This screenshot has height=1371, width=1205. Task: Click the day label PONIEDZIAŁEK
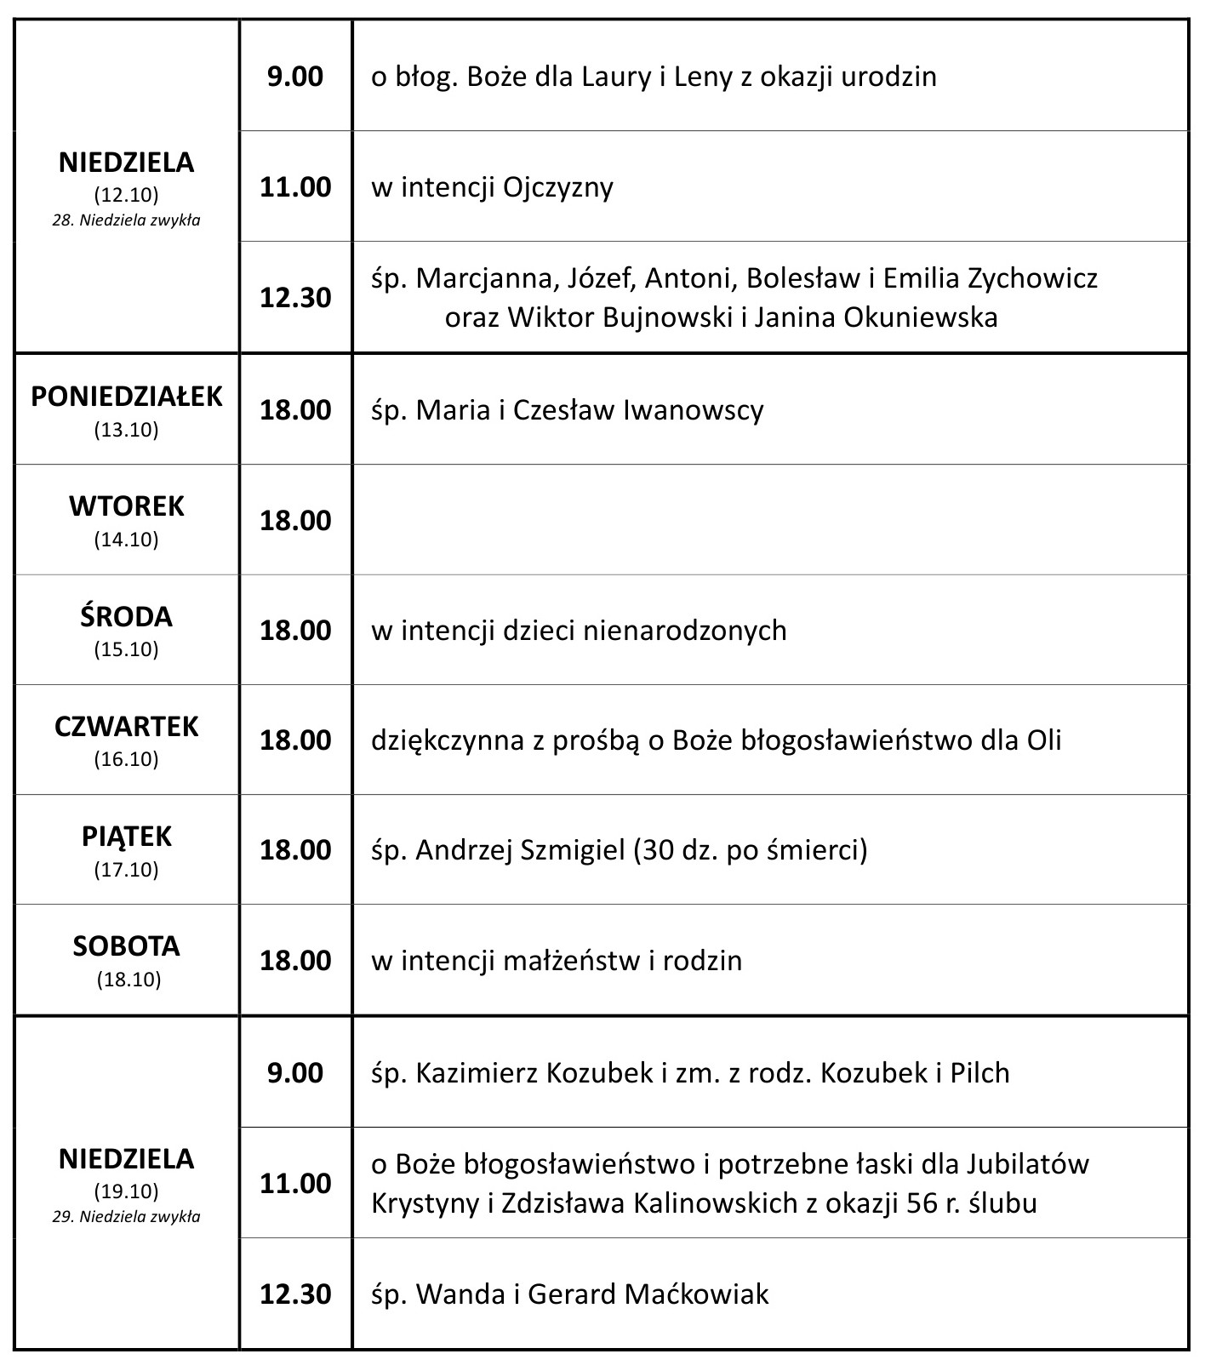point(127,397)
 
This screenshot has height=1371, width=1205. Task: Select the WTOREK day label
point(127,506)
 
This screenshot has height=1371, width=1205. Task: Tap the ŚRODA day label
point(127,616)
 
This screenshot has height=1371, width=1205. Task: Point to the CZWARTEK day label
point(127,726)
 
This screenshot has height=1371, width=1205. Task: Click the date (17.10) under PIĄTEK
point(127,870)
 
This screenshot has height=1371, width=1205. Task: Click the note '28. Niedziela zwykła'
point(127,220)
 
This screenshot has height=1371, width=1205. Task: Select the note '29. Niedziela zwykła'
point(127,1216)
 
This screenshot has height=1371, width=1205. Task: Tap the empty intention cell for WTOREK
point(770,519)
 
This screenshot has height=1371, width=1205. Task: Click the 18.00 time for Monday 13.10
point(295,409)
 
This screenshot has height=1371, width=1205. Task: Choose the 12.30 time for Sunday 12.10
point(295,298)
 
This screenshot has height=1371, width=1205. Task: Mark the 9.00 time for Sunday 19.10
point(295,1072)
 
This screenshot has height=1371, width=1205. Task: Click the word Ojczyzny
point(558,187)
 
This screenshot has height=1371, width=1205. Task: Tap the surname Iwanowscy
point(694,410)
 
